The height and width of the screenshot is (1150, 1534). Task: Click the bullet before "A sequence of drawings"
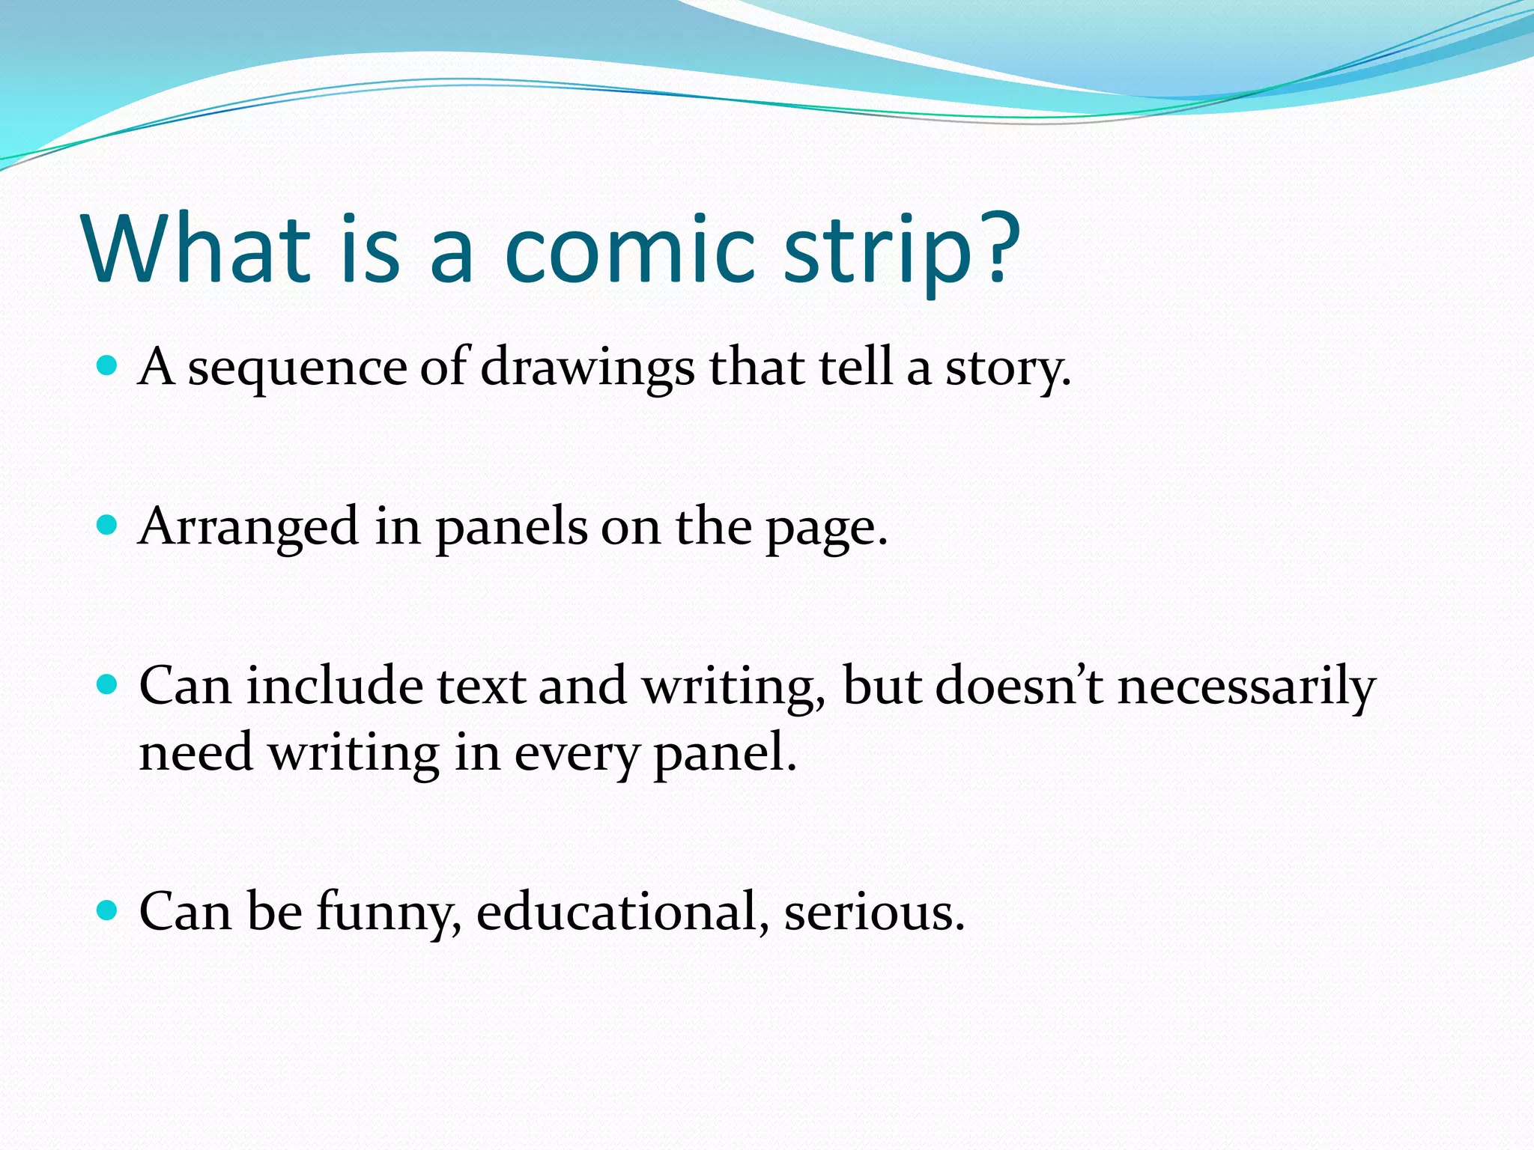108,366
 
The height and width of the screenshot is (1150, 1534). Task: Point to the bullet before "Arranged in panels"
108,525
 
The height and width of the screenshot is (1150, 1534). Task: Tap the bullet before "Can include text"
108,684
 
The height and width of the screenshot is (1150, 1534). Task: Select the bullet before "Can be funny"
108,910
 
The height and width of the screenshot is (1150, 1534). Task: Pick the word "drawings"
587,370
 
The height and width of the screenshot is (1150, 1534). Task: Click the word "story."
1007,370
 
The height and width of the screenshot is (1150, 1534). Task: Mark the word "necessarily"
1246,687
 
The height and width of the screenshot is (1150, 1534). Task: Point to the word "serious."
874,913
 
